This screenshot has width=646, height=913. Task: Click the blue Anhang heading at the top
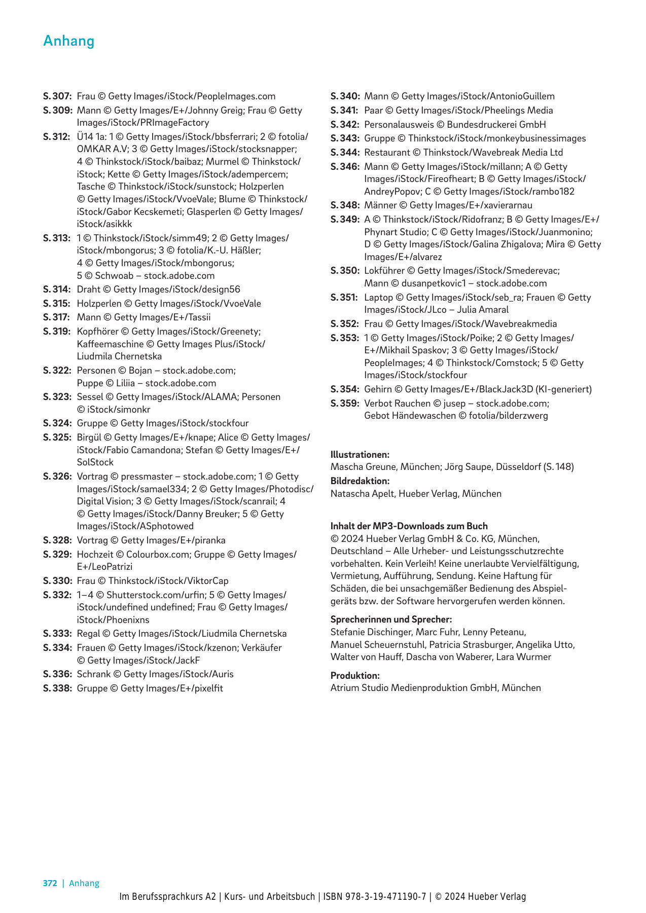coord(69,41)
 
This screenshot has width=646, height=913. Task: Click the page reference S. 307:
coord(57,96)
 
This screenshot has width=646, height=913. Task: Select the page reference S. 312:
coord(57,137)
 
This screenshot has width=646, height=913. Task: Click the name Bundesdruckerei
coord(480,125)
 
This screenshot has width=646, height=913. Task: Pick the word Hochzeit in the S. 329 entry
coord(95,555)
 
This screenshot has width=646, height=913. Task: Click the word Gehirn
coord(378,389)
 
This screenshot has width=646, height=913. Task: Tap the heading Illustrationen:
coord(360,455)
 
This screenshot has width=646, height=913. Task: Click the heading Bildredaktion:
coord(360,481)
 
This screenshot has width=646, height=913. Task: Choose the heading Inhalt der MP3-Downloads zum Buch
coord(409,526)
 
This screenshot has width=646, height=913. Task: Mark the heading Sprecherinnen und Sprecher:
coord(391,619)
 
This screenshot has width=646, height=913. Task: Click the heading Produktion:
coord(355,676)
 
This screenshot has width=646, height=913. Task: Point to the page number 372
coord(50,883)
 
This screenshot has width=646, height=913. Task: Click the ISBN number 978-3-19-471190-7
coord(385,897)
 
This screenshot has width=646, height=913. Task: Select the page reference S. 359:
coord(345,404)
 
